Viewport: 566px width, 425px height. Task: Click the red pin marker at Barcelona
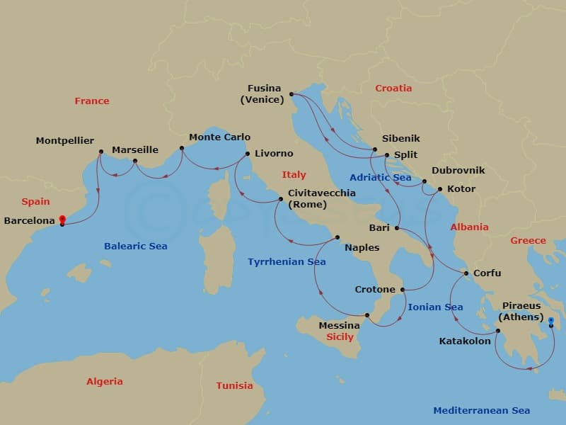coord(62,220)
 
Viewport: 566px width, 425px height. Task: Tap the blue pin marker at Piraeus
coord(551,321)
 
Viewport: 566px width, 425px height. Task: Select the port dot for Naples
coord(337,237)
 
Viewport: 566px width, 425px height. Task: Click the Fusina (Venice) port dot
coord(291,93)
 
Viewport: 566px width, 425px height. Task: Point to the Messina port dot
coord(366,315)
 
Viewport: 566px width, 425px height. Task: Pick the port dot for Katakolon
coord(497,331)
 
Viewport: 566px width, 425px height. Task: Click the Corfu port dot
coord(466,273)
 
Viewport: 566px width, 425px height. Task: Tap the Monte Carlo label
coord(219,137)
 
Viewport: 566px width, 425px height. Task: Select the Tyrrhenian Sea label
coord(287,262)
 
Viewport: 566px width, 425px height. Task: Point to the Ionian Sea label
coord(435,307)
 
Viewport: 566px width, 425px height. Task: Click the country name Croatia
coord(393,89)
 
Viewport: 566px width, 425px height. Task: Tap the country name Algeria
coord(105,381)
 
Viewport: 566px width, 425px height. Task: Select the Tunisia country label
coord(234,385)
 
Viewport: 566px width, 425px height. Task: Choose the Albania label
coord(470,227)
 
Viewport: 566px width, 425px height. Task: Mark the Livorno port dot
coord(247,154)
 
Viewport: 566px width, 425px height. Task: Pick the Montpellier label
coord(65,141)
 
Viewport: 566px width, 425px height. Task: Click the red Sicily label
coord(340,337)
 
